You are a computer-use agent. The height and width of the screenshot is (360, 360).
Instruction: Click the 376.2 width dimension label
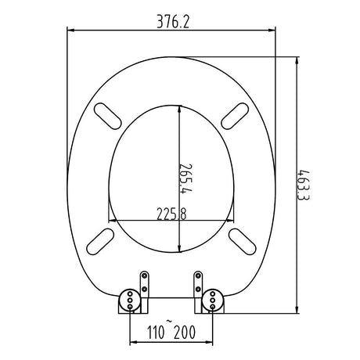click(x=173, y=22)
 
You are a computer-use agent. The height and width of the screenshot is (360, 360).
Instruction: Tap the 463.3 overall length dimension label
click(x=304, y=185)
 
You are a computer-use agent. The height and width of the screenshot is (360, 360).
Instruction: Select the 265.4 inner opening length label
click(x=185, y=178)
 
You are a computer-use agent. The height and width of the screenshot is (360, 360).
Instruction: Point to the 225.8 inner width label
click(x=171, y=214)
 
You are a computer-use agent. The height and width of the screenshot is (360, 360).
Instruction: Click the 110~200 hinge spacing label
click(x=171, y=332)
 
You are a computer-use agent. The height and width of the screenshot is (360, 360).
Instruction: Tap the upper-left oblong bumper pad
click(x=107, y=116)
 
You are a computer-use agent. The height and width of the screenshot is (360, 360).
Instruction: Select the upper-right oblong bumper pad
click(x=235, y=116)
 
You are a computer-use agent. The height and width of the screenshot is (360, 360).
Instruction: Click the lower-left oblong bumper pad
click(x=100, y=242)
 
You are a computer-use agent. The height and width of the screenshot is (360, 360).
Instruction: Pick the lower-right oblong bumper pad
click(x=242, y=242)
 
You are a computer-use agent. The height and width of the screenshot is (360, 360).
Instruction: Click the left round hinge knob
click(x=130, y=301)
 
